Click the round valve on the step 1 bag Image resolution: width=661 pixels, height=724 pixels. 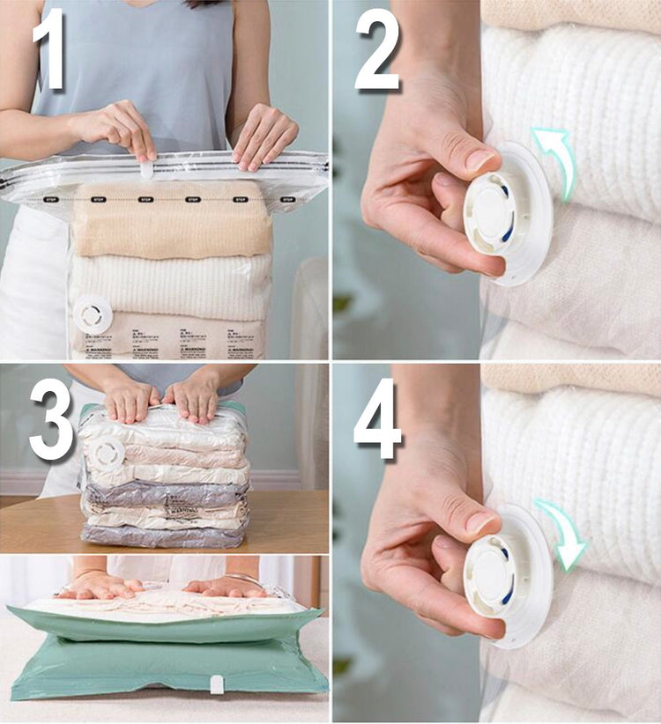93,314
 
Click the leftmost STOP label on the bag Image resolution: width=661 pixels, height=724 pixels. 51,200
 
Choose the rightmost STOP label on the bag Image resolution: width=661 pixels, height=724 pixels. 287,200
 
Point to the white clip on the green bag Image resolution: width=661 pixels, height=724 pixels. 216,683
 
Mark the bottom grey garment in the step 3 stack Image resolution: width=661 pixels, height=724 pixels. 163,535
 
